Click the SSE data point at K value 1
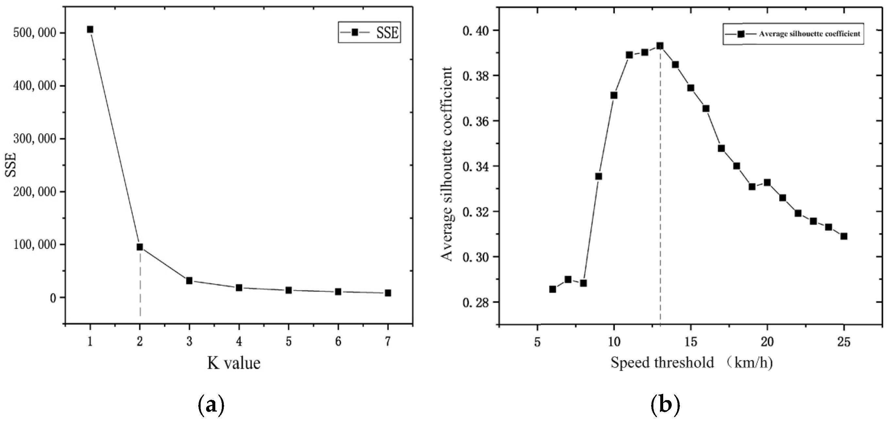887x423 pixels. (90, 30)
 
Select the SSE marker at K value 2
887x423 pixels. (140, 247)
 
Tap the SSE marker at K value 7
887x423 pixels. (388, 293)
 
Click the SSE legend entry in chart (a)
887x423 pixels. (370, 32)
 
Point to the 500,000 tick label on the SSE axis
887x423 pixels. (34, 33)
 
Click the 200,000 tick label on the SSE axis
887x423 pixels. (34, 192)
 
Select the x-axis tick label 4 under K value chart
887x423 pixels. (239, 341)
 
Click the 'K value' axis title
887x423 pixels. (234, 363)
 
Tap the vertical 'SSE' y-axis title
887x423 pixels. (11, 166)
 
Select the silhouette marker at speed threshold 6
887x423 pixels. (553, 289)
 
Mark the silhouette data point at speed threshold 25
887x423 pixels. (844, 236)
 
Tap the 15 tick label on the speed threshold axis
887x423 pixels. (690, 342)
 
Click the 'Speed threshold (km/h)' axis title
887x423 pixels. (691, 363)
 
